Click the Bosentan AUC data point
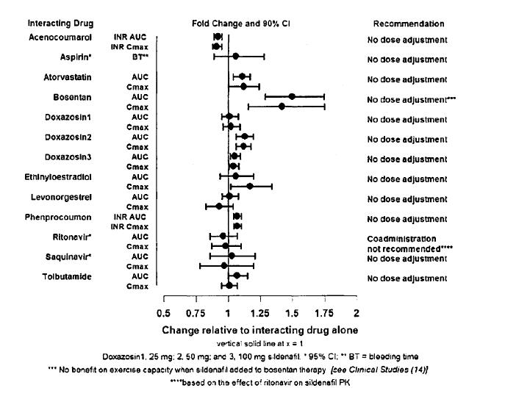point(292,96)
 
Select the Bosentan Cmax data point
point(282,107)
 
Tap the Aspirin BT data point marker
point(235,56)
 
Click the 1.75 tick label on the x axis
point(325,301)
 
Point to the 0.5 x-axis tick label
point(165,301)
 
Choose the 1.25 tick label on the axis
point(260,301)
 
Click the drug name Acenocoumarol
point(62,37)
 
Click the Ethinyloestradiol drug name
point(62,176)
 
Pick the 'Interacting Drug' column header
point(62,24)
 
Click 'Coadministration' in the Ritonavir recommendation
point(401,239)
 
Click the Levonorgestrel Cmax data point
point(218,206)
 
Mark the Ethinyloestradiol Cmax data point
point(250,187)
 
